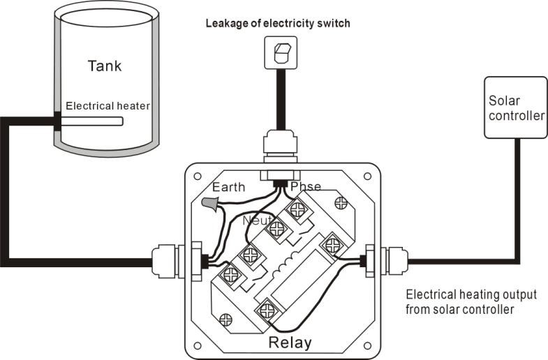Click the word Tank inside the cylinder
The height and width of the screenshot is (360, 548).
pos(104,66)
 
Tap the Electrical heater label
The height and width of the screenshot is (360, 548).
pos(108,106)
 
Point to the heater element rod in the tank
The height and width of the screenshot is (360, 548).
pos(91,121)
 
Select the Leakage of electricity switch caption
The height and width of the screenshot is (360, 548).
pos(277,24)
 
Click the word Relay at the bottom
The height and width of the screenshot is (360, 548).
pos(290,343)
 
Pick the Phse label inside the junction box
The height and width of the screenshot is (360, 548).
pos(305,186)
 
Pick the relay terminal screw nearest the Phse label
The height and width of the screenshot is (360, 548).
pos(299,207)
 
